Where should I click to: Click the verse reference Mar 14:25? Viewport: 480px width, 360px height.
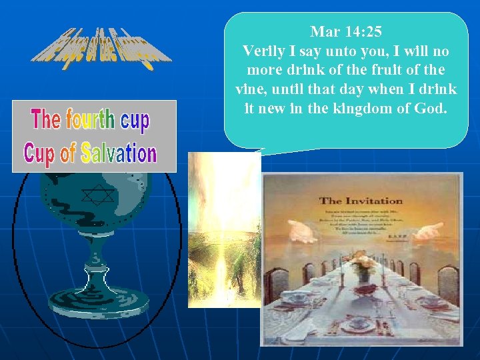point(345,31)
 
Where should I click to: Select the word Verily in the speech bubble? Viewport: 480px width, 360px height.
point(265,51)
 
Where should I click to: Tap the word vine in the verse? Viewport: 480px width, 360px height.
point(251,89)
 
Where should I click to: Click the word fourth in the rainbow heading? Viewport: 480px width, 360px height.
point(90,120)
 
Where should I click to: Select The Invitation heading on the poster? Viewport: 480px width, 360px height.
point(361,200)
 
